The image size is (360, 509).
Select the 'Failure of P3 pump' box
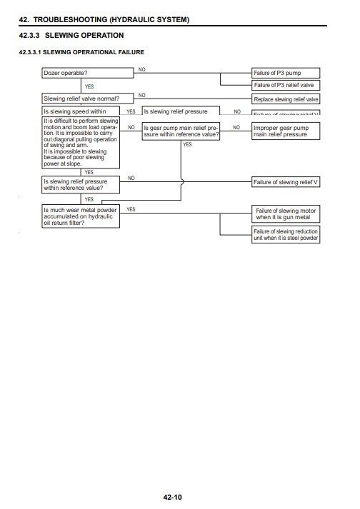286,73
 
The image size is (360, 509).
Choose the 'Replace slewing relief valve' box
286,99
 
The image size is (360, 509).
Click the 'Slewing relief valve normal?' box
81,99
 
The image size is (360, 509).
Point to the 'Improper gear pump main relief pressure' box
286,131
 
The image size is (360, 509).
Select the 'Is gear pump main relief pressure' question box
181,131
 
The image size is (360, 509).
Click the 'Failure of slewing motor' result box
286,214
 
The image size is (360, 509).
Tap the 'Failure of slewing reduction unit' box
286,235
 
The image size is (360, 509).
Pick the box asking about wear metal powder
81,216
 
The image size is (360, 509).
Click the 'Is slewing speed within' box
81,112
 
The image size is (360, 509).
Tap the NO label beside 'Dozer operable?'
141,69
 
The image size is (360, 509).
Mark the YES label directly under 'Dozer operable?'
89,86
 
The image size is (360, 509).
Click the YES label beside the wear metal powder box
131,209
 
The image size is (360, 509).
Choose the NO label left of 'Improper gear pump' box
237,126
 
